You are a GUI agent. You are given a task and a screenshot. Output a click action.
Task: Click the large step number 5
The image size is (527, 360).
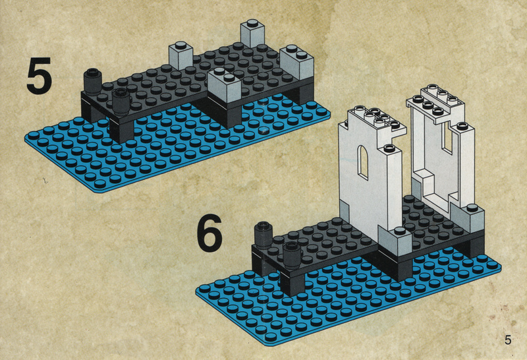tap(40, 75)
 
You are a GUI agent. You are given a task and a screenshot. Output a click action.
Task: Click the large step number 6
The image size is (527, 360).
tap(209, 233)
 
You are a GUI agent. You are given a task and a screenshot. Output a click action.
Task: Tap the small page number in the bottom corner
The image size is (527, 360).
tap(507, 340)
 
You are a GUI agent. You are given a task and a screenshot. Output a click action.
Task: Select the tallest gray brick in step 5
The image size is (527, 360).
tap(252, 33)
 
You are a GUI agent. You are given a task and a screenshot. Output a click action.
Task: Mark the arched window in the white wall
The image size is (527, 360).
tap(363, 162)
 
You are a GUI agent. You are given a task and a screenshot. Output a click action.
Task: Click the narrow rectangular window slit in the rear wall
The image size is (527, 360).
tap(447, 136)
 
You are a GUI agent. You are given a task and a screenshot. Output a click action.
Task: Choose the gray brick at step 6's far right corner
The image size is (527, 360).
tap(467, 216)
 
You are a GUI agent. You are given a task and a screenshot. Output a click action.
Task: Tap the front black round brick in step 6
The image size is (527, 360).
tap(292, 255)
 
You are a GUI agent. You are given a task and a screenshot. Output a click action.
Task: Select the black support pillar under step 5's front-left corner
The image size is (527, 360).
tap(121, 129)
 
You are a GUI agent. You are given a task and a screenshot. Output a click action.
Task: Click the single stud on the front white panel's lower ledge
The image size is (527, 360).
tap(389, 148)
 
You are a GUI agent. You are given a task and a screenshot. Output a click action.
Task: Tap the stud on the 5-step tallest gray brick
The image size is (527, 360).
tap(252, 23)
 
